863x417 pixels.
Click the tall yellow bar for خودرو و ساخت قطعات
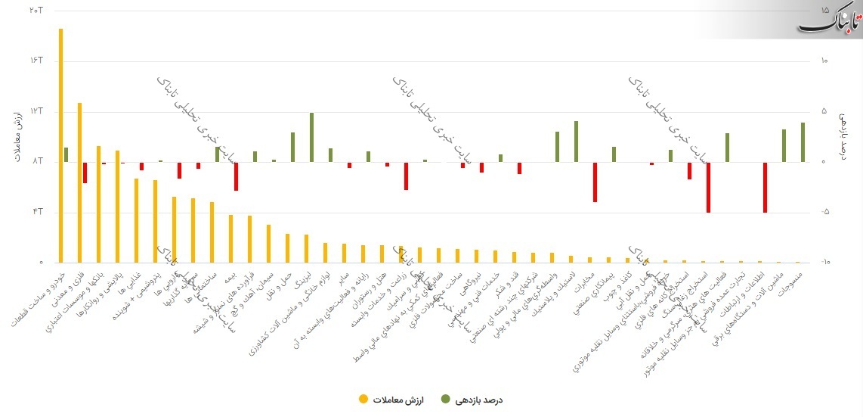tap(60, 144)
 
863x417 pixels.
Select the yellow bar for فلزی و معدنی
tap(79, 182)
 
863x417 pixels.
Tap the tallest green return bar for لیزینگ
tap(311, 137)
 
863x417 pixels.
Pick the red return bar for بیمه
tap(236, 176)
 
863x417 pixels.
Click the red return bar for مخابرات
tap(595, 182)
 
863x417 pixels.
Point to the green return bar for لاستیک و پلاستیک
tap(576, 142)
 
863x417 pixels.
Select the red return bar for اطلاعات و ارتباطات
tap(765, 187)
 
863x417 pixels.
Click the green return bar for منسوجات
tap(803, 142)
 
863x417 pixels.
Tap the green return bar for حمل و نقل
tap(292, 147)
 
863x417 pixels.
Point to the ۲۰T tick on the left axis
tap(35, 11)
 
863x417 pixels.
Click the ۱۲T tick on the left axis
tap(35, 111)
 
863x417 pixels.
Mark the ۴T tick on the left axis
tap(36, 212)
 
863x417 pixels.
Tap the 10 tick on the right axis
tap(824, 61)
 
